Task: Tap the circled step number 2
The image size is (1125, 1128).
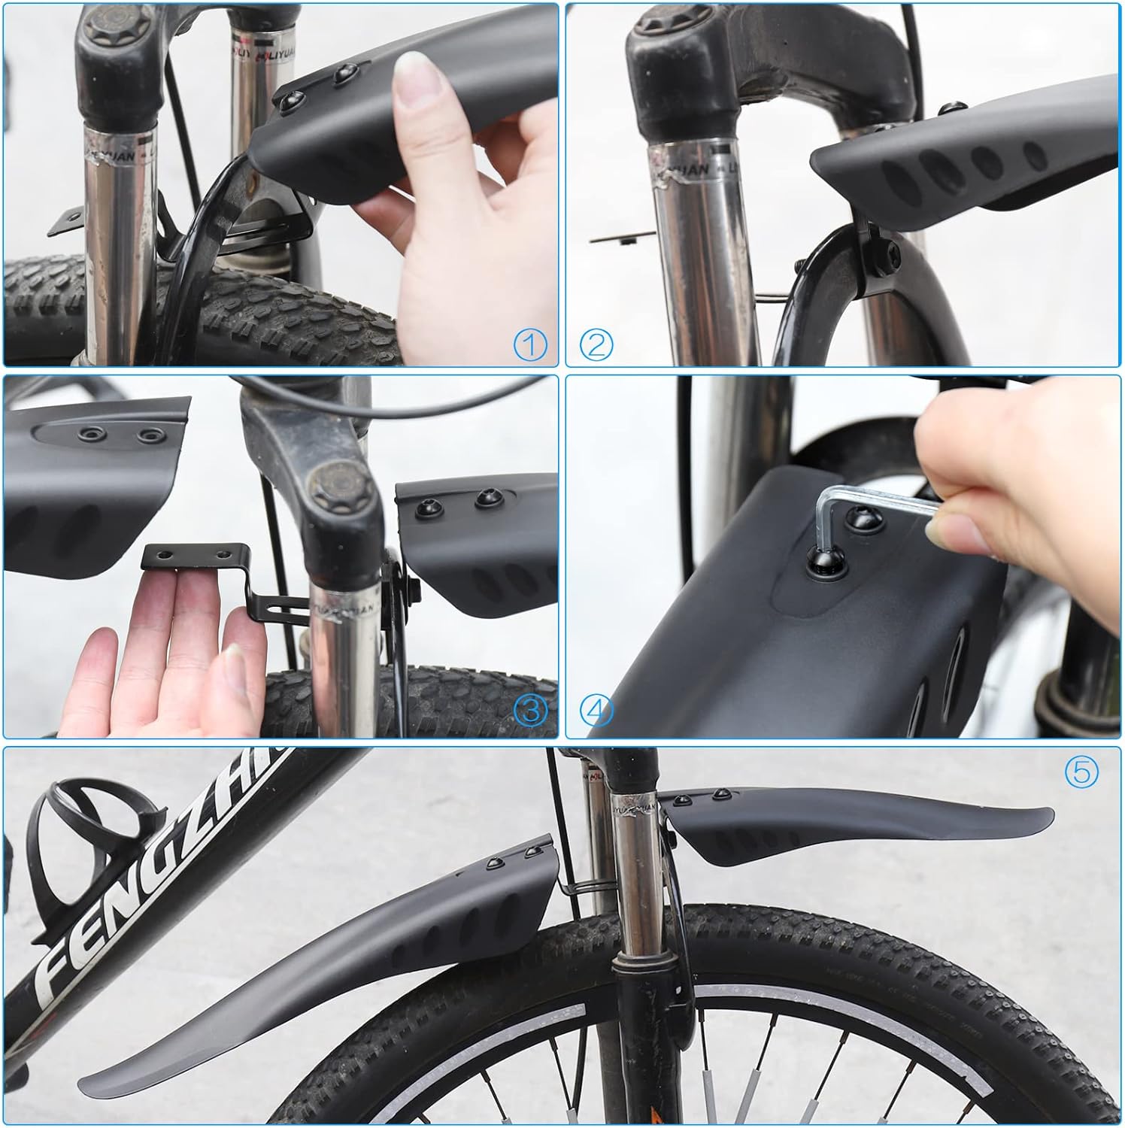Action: (596, 345)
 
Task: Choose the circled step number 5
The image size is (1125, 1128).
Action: (1081, 772)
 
